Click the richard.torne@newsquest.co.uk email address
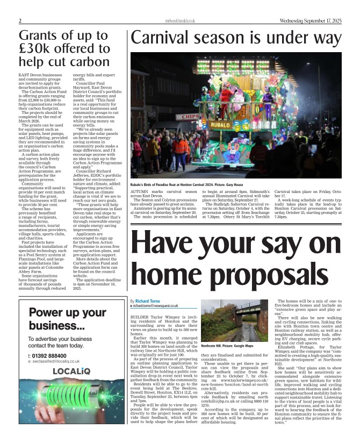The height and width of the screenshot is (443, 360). [156, 306]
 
